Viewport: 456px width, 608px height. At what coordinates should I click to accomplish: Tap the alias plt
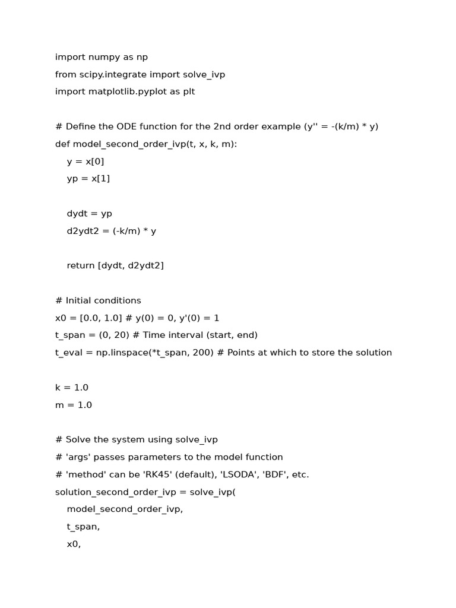[188, 92]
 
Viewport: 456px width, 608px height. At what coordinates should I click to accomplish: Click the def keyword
[62, 144]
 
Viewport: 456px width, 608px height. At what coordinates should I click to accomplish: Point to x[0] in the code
[97, 161]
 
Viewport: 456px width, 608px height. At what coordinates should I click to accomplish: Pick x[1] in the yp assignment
[100, 179]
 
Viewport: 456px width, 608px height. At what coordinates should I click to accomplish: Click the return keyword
[81, 266]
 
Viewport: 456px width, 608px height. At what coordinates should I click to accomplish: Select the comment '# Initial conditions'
[98, 300]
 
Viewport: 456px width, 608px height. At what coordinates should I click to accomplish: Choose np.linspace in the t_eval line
[119, 353]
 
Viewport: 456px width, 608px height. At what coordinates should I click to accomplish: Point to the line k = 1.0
[72, 388]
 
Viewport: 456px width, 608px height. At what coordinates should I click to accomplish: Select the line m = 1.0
[74, 405]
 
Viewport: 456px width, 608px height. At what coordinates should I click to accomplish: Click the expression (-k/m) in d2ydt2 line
[126, 231]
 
